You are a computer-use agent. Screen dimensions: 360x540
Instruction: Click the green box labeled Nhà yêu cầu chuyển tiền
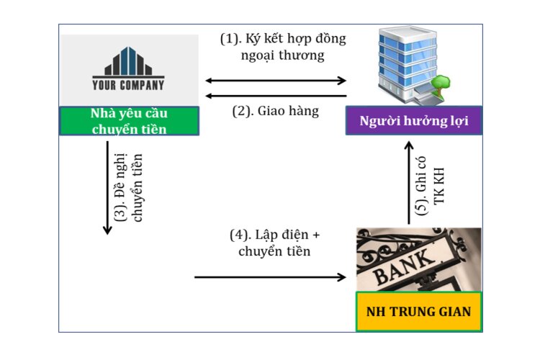click(x=129, y=121)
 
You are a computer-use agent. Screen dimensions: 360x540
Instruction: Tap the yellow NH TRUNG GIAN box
click(x=418, y=312)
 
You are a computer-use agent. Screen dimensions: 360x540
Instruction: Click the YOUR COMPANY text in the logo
click(x=128, y=85)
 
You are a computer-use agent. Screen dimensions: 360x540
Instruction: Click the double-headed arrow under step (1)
click(x=276, y=81)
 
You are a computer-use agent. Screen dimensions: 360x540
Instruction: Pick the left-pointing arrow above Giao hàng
click(x=276, y=96)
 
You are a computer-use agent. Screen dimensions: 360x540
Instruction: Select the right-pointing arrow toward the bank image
click(x=271, y=276)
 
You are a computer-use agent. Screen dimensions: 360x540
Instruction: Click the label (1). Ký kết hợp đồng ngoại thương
click(x=283, y=47)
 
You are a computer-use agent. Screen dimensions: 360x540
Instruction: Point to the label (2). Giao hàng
click(x=275, y=112)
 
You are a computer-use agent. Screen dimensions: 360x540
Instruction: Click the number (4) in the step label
click(x=239, y=235)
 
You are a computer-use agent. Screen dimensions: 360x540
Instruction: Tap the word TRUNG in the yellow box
click(x=410, y=312)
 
